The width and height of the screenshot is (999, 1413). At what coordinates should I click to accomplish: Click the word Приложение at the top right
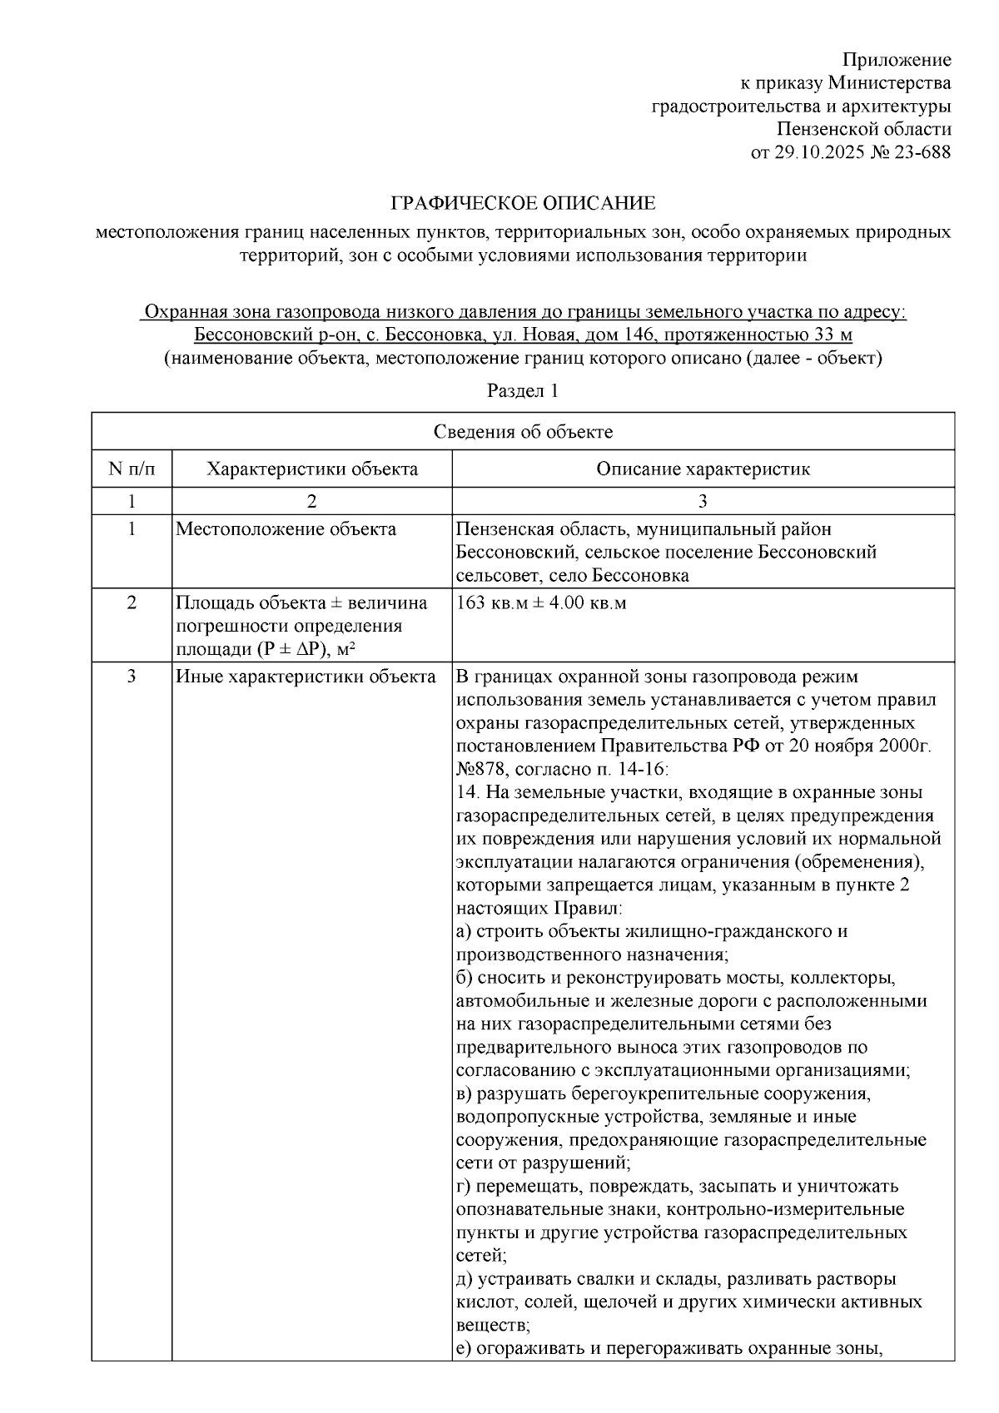pyautogui.click(x=896, y=60)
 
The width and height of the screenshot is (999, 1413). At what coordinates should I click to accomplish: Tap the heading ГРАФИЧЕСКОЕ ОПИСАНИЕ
pyautogui.click(x=524, y=204)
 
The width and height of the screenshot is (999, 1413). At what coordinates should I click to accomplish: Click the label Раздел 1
pyautogui.click(x=523, y=390)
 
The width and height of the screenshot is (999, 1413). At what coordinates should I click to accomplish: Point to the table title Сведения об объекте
pyautogui.click(x=523, y=431)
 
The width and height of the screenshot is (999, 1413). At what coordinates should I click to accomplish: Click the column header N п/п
pyautogui.click(x=132, y=469)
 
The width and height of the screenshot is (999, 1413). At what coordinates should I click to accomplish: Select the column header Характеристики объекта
pyautogui.click(x=312, y=469)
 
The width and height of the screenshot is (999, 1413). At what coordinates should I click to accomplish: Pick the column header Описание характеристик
pyautogui.click(x=703, y=469)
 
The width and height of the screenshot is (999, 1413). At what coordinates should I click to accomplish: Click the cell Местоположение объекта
pyautogui.click(x=286, y=529)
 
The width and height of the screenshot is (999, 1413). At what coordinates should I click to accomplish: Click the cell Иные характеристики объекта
pyautogui.click(x=306, y=677)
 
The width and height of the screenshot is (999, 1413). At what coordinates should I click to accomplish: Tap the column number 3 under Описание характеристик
pyautogui.click(x=703, y=501)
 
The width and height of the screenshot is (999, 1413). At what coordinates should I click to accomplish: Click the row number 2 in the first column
pyautogui.click(x=132, y=602)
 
